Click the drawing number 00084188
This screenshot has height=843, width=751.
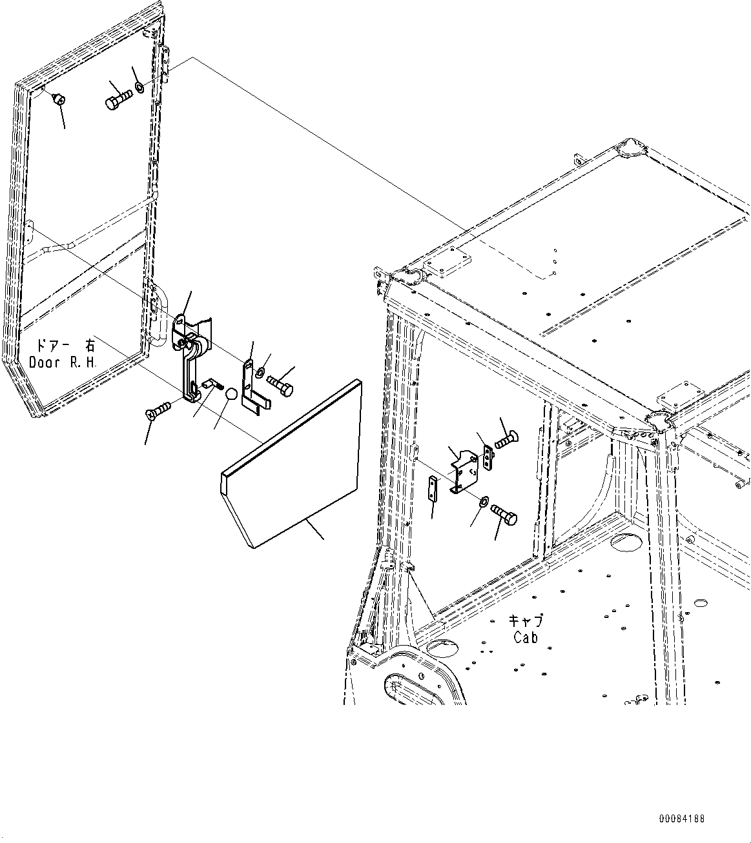[x=682, y=818]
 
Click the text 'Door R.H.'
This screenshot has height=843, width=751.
[x=63, y=362]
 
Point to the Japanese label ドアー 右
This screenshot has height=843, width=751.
[x=62, y=346]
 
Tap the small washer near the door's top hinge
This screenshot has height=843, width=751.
[x=139, y=86]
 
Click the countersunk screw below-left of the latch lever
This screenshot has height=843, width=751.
[x=158, y=410]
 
